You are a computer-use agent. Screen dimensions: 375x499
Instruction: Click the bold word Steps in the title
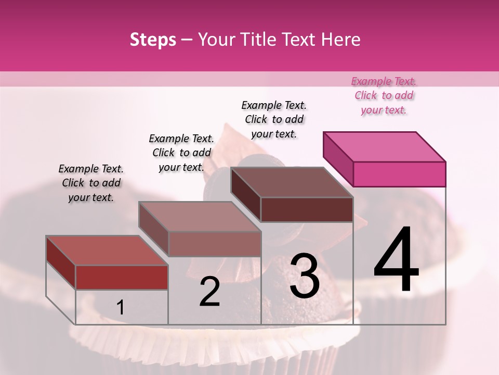153,40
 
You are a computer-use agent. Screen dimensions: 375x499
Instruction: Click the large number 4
396,261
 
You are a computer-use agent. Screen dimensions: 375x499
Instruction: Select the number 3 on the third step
305,276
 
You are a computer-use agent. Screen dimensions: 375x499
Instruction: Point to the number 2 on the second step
209,292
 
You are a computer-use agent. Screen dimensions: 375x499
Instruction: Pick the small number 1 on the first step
121,307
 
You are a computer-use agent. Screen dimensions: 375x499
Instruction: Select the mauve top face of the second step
200,217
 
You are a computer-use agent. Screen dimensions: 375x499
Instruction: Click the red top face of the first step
107,251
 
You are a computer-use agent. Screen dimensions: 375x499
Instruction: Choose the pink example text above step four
384,95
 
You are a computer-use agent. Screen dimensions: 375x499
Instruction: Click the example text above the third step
274,119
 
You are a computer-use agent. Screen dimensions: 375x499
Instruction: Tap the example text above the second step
181,153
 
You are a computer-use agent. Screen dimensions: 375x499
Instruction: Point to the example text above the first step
91,183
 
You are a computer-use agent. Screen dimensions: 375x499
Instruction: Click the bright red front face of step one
122,277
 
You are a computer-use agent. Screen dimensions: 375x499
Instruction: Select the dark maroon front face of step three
307,209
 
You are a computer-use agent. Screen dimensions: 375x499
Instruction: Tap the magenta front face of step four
399,174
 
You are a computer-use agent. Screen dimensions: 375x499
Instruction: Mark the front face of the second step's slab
215,244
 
